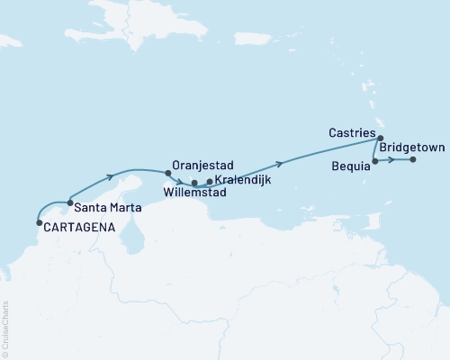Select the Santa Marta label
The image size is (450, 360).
101,207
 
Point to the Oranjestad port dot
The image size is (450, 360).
167,173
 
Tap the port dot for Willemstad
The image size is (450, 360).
194,183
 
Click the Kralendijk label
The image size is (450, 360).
241,181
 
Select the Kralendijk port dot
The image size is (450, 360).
210,182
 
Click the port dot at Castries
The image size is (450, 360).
381,138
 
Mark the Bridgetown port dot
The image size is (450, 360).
412,160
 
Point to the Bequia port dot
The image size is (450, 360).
374,160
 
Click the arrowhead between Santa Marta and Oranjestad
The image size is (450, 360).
111,175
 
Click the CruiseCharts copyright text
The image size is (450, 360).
5,328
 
